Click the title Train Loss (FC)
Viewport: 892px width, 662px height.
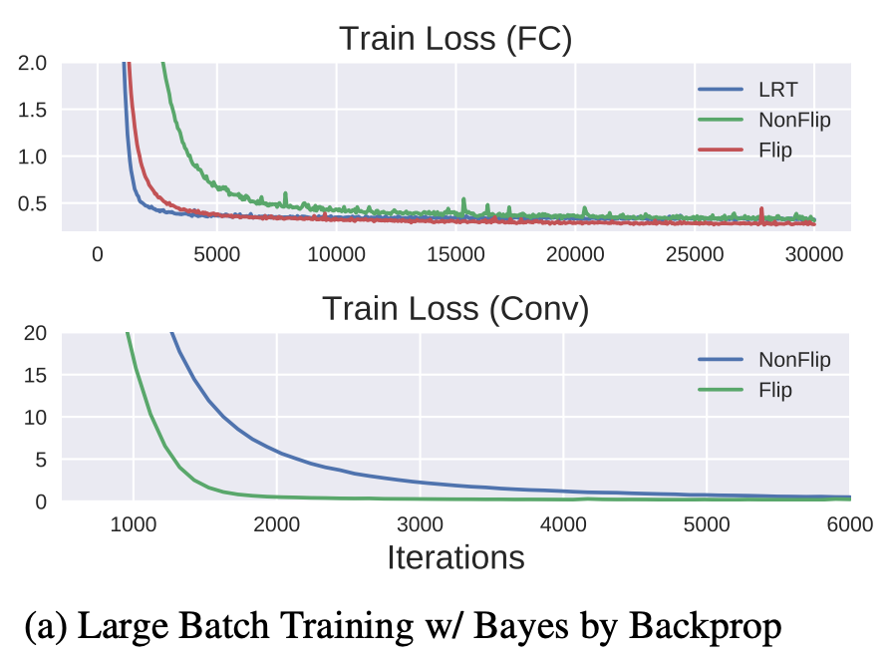click(x=454, y=38)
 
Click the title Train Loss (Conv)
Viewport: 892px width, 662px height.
click(x=454, y=309)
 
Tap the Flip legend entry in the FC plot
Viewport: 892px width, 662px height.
click(x=773, y=150)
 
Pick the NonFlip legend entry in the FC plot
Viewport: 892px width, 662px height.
click(x=791, y=120)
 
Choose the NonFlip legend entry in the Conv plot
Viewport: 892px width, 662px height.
click(x=794, y=360)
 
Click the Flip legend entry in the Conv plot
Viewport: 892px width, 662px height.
click(x=776, y=390)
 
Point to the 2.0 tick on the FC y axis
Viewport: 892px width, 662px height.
click(x=32, y=63)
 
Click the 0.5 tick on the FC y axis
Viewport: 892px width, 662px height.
click(x=32, y=203)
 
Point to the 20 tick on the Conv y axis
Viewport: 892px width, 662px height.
click(x=34, y=333)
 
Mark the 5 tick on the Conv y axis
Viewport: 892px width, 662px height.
click(x=40, y=460)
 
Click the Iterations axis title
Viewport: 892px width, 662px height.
click(x=454, y=556)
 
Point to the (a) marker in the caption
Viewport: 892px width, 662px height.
click(x=46, y=626)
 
